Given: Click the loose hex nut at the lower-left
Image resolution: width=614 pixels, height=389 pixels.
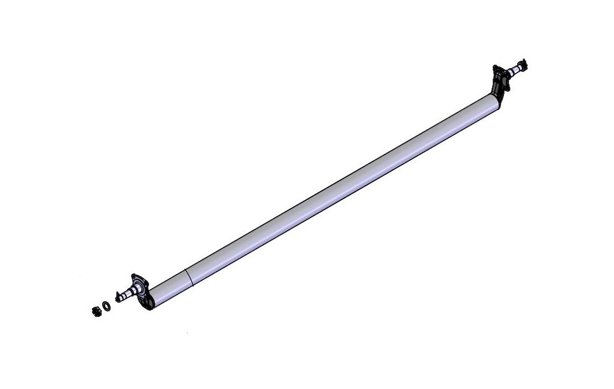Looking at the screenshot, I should pyautogui.click(x=97, y=311).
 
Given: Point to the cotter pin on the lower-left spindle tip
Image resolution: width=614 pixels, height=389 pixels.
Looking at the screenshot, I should pyautogui.click(x=117, y=296).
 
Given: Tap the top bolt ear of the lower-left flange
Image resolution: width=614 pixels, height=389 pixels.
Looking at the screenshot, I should pyautogui.click(x=135, y=275).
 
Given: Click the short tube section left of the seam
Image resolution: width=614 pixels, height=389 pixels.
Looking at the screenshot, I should pyautogui.click(x=171, y=287).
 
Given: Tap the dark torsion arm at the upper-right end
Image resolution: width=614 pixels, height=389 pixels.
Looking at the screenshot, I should pyautogui.click(x=500, y=91).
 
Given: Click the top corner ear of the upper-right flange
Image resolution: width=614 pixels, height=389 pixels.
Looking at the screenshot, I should pyautogui.click(x=495, y=68).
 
